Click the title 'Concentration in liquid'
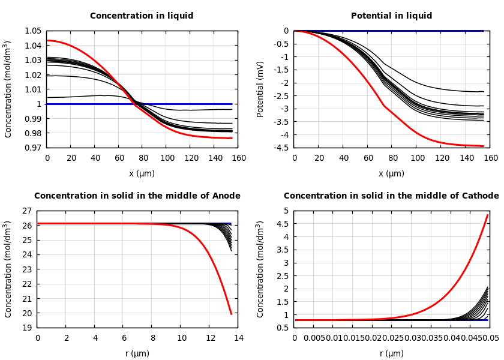pos(142,16)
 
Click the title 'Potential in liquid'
pos(391,16)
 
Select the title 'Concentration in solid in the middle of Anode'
pos(137,196)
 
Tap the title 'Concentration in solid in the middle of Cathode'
pos(391,196)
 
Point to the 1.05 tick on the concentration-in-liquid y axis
pos(33,31)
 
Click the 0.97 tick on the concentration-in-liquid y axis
pos(33,148)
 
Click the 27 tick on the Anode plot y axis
pos(26,211)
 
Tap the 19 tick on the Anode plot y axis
pos(26,328)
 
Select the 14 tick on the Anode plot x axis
pos(238,338)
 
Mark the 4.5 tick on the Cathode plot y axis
pos(282,224)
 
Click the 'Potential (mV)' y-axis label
pos(260,89)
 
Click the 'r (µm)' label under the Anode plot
pos(137,353)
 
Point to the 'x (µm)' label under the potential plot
pos(391,173)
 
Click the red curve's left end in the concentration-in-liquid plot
pos(47,40)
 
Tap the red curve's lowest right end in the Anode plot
pos(231,314)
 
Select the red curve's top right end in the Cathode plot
pos(487,215)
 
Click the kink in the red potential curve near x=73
pos(384,106)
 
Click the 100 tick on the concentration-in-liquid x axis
pos(167,158)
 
